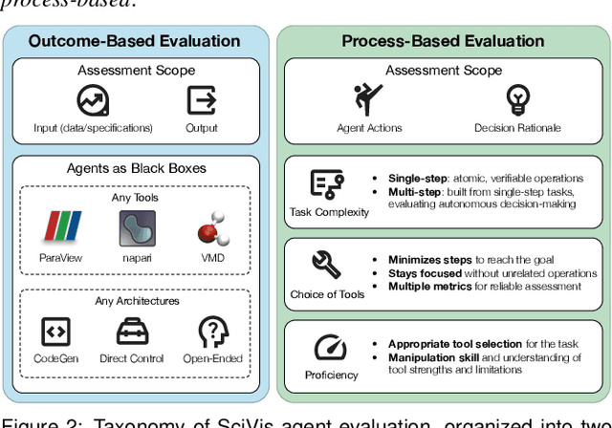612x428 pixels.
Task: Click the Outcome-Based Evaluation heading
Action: (x=134, y=41)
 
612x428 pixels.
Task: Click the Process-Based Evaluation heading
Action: (x=443, y=41)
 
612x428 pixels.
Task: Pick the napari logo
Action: (x=135, y=229)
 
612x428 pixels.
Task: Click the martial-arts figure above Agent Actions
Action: (x=363, y=100)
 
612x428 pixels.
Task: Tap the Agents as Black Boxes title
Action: (x=135, y=169)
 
